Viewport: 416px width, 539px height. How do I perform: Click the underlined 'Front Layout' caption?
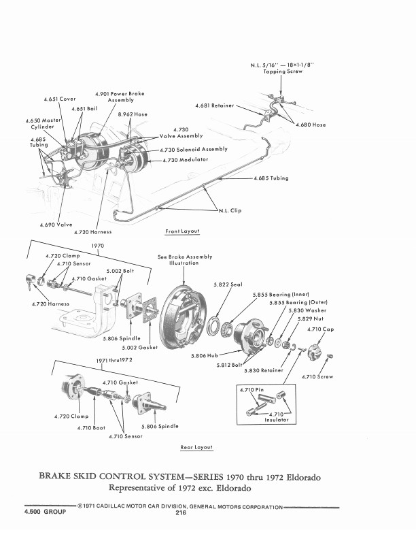click(182, 231)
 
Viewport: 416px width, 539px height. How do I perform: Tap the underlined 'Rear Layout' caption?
click(196, 447)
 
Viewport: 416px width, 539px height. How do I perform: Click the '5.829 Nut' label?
click(310, 318)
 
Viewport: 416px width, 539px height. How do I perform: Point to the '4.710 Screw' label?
click(319, 377)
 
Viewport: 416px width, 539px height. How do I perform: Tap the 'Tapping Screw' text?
click(283, 71)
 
